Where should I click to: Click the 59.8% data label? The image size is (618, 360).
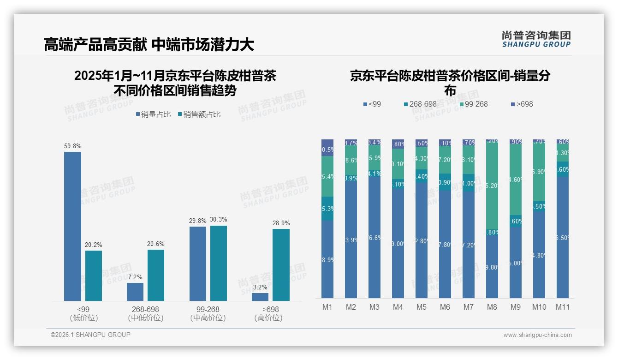click(x=72, y=146)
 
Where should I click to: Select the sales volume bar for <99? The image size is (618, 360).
click(x=72, y=226)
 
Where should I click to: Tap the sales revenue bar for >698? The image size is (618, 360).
click(x=281, y=265)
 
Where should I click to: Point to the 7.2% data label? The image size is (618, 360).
click(x=135, y=277)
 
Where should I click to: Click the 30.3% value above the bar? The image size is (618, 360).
click(x=219, y=220)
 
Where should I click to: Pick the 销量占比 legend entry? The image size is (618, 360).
click(x=153, y=114)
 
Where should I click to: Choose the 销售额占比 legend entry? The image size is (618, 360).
click(x=199, y=114)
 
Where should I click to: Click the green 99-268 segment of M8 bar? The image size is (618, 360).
click(x=492, y=185)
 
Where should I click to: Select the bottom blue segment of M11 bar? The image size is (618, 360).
click(x=563, y=238)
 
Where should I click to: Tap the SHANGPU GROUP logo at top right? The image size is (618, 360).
click(x=536, y=39)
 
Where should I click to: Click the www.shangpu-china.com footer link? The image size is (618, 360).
click(x=537, y=335)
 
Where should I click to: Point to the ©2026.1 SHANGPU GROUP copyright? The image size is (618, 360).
click(x=90, y=335)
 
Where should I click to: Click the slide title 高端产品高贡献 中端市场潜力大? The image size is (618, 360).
click(x=149, y=45)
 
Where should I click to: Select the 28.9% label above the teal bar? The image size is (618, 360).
click(x=281, y=223)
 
